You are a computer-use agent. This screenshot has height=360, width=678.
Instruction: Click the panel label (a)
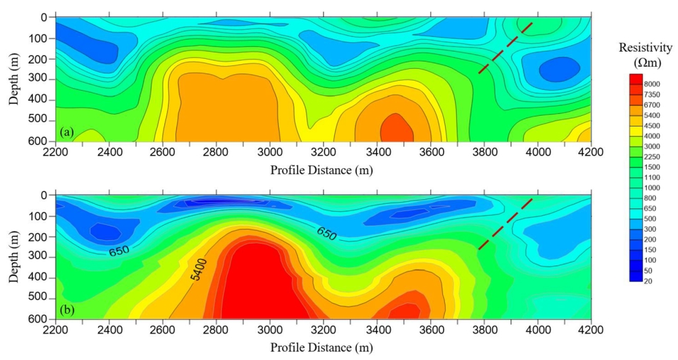coord(66,132)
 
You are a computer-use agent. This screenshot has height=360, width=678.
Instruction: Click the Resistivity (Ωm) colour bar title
coord(640,54)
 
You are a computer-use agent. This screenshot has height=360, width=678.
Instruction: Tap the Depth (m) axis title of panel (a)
coord(14,79)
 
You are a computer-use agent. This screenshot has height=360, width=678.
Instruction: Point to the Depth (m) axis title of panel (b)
coord(14,257)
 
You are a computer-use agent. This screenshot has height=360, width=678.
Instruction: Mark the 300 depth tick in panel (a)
coord(38,79)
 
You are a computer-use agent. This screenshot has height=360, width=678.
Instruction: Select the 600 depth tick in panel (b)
coord(38,319)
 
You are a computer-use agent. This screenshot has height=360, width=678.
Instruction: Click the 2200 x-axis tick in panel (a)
coord(56,152)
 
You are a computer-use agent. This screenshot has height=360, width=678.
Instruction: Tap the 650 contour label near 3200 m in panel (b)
coord(326,232)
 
